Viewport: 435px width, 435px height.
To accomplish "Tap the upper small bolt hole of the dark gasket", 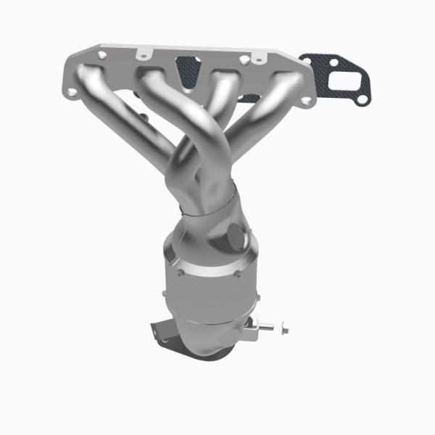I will tap(333, 61).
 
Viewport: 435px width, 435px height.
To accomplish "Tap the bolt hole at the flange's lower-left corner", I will tap(73, 92).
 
